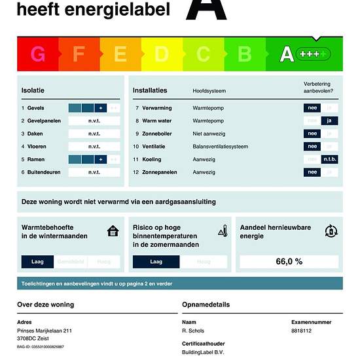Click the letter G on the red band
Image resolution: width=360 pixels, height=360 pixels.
click(38, 54)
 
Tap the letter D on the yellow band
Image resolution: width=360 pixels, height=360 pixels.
click(161, 54)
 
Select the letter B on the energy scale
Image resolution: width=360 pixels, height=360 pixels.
click(244, 54)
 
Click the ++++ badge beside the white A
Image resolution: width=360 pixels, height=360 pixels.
click(313, 54)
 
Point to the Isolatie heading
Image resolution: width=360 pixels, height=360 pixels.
click(33, 90)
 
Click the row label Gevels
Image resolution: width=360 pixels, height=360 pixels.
click(35, 108)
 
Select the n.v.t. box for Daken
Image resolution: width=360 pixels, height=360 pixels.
click(94, 134)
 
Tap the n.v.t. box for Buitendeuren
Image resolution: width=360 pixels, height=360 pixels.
click(94, 172)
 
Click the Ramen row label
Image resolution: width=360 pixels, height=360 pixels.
click(35, 159)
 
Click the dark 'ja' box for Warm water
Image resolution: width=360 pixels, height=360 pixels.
click(330, 120)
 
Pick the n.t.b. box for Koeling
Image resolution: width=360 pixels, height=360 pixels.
click(330, 159)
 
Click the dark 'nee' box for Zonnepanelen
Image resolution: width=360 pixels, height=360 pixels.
click(313, 172)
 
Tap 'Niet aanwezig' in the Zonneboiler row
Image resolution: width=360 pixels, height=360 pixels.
click(210, 134)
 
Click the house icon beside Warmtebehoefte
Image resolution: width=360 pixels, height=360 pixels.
click(113, 230)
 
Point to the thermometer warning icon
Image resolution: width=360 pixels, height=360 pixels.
click(223, 230)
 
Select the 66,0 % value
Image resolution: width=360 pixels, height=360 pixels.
click(289, 261)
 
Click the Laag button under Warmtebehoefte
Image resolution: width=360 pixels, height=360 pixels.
click(37, 262)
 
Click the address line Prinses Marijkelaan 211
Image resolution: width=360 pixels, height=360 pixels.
click(45, 331)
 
